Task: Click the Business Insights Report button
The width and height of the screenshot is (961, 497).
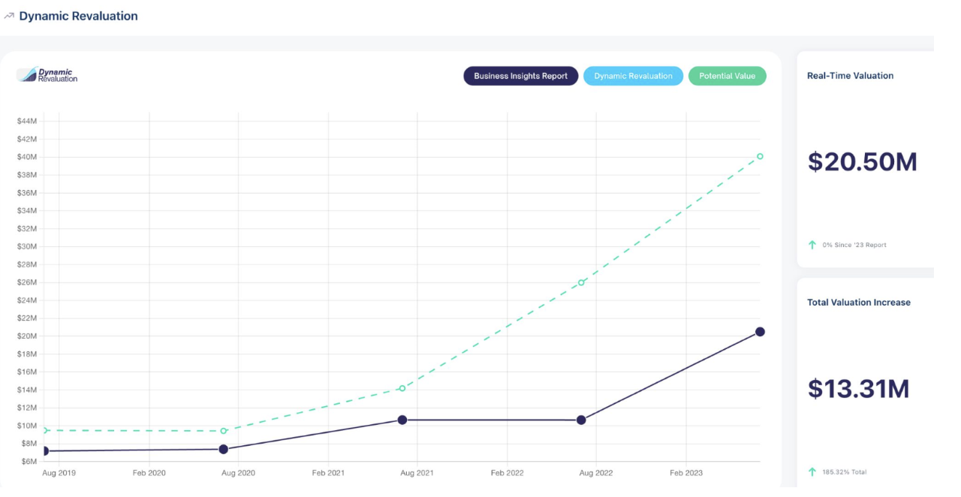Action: point(520,76)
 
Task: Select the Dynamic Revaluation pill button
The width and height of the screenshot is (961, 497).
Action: point(633,76)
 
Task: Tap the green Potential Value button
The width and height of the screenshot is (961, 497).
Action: point(727,76)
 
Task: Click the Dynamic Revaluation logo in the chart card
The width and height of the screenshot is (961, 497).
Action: point(47,75)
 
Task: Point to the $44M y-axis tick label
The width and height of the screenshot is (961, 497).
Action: point(27,121)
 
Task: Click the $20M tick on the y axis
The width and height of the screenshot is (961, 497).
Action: point(27,336)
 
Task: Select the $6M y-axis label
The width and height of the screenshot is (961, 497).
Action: point(29,461)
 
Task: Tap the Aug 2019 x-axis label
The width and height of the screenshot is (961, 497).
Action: point(59,473)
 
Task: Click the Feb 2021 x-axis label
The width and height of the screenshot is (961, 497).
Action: point(328,473)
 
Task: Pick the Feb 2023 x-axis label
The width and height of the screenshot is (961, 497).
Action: point(686,473)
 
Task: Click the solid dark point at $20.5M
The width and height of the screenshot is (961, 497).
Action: point(760,332)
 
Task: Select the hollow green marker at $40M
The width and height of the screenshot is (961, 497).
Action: point(760,156)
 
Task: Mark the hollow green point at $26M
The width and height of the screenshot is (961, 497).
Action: point(581,282)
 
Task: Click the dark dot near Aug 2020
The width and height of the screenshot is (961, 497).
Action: point(223,449)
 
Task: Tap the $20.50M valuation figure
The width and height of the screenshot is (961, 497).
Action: point(862,162)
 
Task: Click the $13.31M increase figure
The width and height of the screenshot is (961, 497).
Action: point(858,389)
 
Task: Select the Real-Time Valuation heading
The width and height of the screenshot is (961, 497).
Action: point(850,76)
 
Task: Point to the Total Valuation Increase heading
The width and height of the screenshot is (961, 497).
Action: point(858,303)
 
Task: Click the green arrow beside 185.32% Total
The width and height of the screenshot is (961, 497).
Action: point(812,471)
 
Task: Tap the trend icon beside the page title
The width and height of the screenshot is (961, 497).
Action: point(9,16)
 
